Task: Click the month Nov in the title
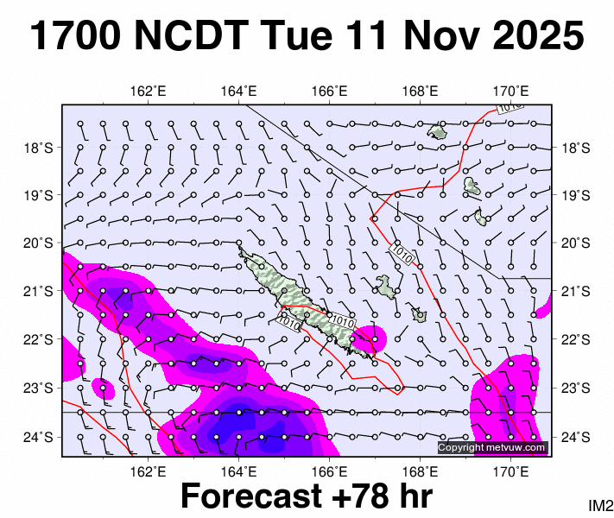[x=427, y=36]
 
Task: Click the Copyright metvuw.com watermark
[x=492, y=447]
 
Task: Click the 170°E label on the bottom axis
[x=511, y=471]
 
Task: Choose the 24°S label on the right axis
[x=576, y=437]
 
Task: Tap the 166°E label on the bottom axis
[x=330, y=471]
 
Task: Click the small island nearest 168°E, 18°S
[x=438, y=131]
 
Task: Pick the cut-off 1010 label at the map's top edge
[x=510, y=107]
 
